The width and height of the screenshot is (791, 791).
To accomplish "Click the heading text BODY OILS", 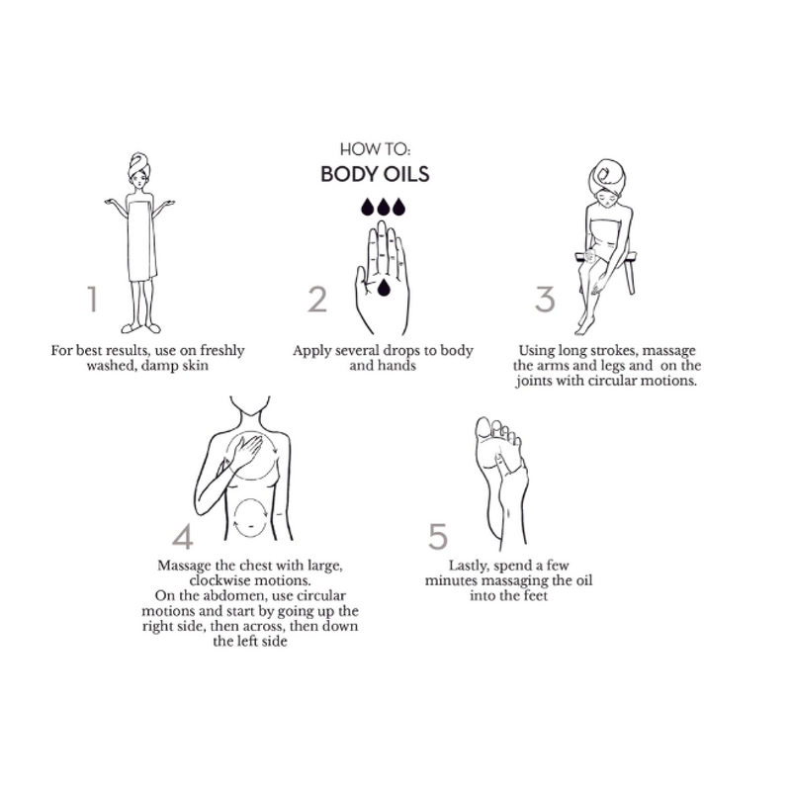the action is pyautogui.click(x=375, y=174).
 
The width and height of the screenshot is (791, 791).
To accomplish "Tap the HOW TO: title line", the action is pyautogui.click(x=375, y=149).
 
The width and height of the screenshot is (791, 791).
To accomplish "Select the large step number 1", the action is pyautogui.click(x=92, y=299).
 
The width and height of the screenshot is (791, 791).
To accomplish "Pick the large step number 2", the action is pyautogui.click(x=317, y=300).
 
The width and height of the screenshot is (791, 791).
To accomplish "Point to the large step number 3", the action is pyautogui.click(x=545, y=300).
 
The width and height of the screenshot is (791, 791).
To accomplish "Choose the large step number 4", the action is pyautogui.click(x=183, y=537).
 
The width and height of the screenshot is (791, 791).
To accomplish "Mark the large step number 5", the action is pyautogui.click(x=438, y=536).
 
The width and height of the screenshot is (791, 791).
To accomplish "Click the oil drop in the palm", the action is pyautogui.click(x=384, y=287).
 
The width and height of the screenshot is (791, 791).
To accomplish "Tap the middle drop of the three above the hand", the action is pyautogui.click(x=384, y=207).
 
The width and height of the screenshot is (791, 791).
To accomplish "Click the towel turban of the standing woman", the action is pyautogui.click(x=138, y=164).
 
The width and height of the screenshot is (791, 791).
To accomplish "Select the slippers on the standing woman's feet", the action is pyautogui.click(x=140, y=328).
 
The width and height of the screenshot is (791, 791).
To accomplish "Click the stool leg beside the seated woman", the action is pyautogui.click(x=630, y=275).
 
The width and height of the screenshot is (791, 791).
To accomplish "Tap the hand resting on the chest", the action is pyautogui.click(x=245, y=450).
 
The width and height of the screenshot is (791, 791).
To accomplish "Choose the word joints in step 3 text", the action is pyautogui.click(x=534, y=381).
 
